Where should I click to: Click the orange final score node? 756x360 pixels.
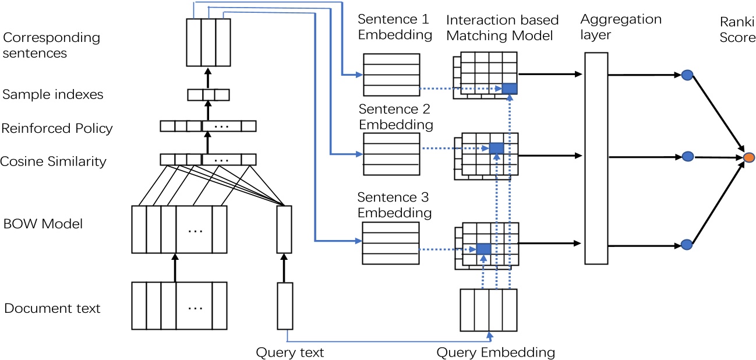(x=749, y=157)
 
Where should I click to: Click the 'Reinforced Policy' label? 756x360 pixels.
(x=57, y=128)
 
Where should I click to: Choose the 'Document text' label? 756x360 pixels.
(x=52, y=308)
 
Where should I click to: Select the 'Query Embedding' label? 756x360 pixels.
(x=495, y=352)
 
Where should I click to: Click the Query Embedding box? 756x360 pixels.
(x=488, y=309)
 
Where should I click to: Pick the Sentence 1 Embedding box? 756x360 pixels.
(x=391, y=75)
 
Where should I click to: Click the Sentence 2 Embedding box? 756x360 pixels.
(x=391, y=154)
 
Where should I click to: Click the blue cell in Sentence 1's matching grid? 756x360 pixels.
(x=509, y=89)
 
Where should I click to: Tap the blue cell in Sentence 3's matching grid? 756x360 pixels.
(x=484, y=249)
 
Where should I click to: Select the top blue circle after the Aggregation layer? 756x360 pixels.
(x=687, y=75)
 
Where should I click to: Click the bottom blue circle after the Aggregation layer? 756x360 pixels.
(x=687, y=245)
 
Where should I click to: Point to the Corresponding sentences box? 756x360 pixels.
(x=208, y=42)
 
